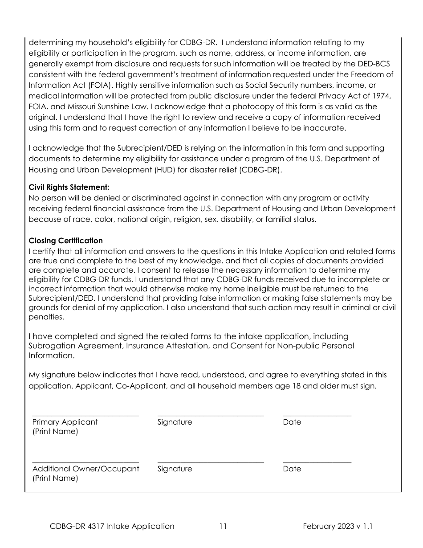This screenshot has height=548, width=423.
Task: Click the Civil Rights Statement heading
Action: pyautogui.click(x=69, y=188)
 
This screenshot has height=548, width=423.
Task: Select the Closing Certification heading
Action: pyautogui.click(x=65, y=241)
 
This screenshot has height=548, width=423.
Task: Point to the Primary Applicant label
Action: pyautogui.click(x=65, y=422)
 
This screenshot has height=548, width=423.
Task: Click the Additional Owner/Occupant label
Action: pyautogui.click(x=85, y=469)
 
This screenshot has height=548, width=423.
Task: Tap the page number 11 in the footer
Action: pyautogui.click(x=223, y=526)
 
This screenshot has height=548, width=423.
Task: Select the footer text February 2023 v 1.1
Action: pyautogui.click(x=338, y=526)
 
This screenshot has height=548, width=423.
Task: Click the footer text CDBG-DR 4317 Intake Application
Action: pyautogui.click(x=112, y=526)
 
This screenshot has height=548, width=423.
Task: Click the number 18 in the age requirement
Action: pyautogui.click(x=296, y=386)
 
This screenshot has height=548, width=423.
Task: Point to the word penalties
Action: pyautogui.click(x=46, y=318)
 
